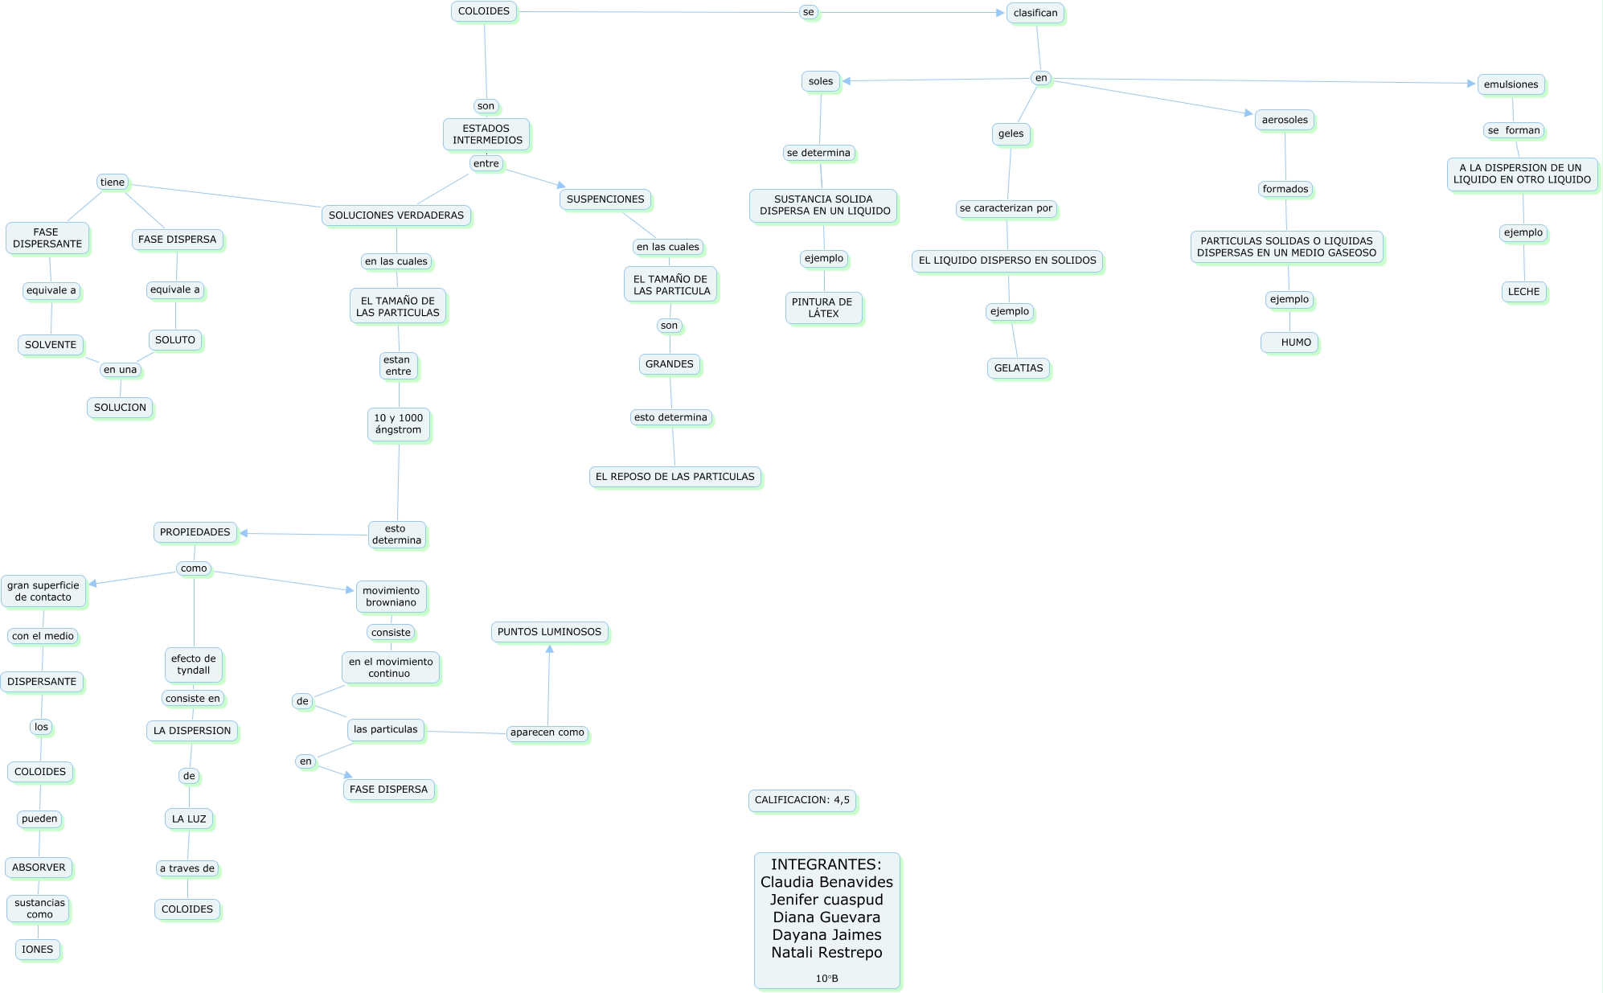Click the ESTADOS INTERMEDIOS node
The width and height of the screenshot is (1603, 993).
coord(486,134)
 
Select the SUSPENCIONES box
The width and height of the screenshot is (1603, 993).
coord(605,199)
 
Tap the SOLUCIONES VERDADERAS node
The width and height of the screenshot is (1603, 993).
coord(396,215)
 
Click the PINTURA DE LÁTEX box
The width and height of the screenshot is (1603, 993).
coord(823,308)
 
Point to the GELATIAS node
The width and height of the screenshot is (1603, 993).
coord(1019,368)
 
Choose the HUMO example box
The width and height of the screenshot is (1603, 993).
coord(1289,343)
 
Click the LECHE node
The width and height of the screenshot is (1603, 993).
coord(1523,292)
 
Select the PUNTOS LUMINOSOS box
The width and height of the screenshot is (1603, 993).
coord(549,632)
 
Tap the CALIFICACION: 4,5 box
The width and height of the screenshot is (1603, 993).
coord(801,800)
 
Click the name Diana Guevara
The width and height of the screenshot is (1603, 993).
coord(826,917)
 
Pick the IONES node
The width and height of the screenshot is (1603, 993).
coord(38,950)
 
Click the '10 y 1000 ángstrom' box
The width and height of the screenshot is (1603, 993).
coord(399,424)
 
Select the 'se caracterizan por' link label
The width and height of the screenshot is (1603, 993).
coord(1006,208)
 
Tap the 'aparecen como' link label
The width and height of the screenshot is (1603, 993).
coord(547,732)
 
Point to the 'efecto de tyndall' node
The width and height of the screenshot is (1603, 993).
coord(194,664)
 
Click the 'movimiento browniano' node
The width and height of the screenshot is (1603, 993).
coord(392,597)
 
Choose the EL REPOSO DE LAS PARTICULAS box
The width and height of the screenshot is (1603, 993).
coord(674,477)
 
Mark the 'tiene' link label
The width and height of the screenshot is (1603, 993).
coord(113,183)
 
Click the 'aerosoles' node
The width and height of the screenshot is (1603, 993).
coord(1285,120)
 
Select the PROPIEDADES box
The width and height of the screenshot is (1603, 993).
coord(195,532)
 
